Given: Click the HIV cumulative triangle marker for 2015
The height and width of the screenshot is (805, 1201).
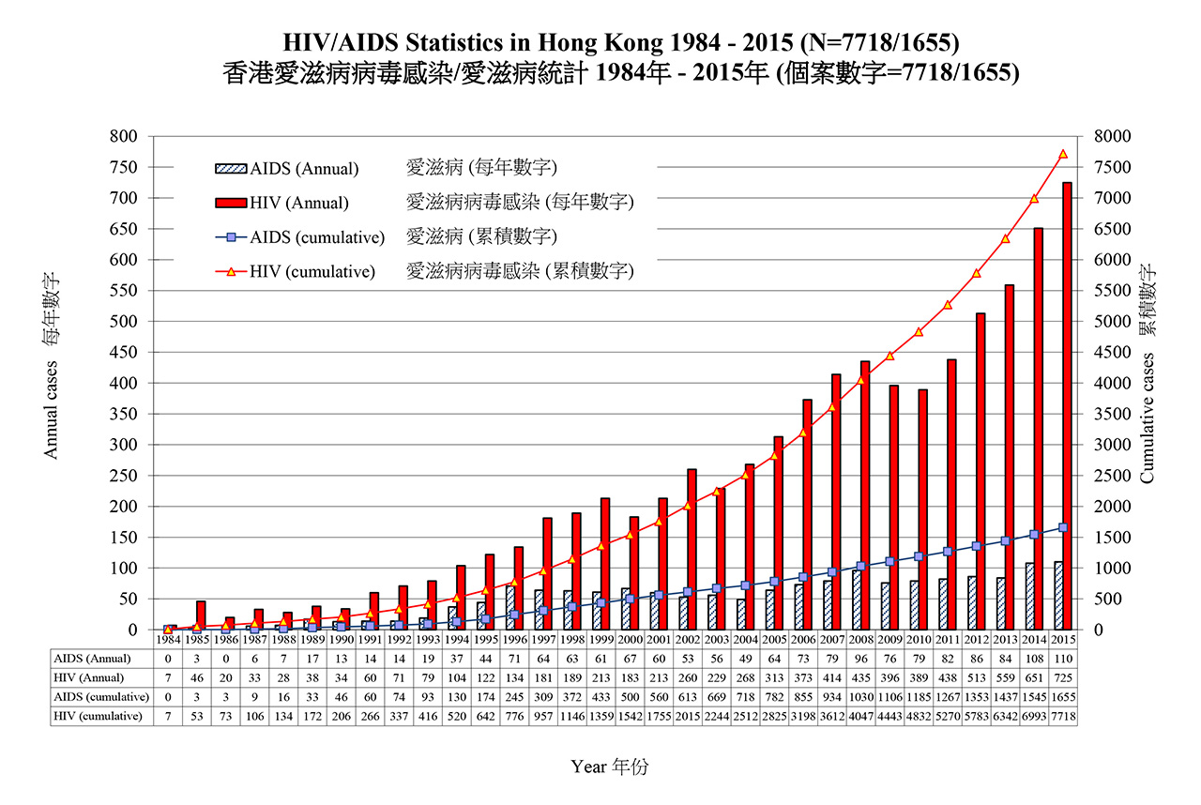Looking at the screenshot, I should [1063, 154].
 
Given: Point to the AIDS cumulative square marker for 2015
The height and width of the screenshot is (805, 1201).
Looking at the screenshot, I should [1063, 527].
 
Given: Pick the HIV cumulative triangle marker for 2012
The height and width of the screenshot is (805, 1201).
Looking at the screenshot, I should [977, 273].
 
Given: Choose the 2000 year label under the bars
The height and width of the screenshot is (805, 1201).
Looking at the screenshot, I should [631, 639].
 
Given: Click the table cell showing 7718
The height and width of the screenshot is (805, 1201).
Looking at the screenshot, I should [1063, 717].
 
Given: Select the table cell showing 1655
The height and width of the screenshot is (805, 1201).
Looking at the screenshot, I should [1063, 697].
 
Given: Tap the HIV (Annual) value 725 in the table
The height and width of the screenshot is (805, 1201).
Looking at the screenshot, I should [1063, 678].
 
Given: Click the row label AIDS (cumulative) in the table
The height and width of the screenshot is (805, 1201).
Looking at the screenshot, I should [101, 697].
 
